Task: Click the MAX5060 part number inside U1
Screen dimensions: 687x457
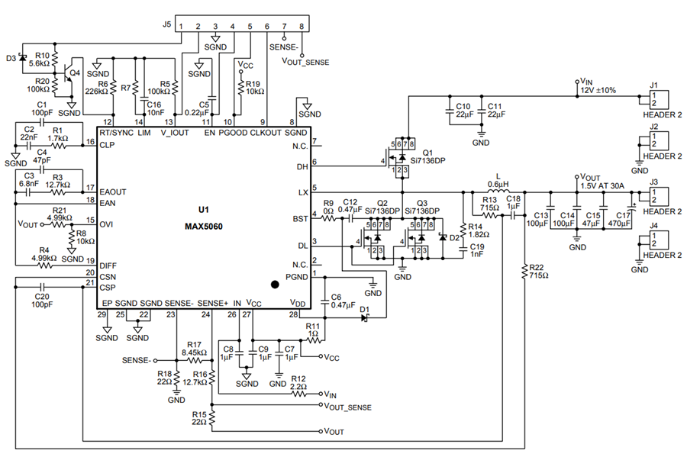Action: [x=203, y=227]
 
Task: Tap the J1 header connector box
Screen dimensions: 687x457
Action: [x=659, y=99]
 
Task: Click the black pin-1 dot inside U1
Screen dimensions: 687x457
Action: [x=275, y=285]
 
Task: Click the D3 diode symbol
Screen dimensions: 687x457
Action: [x=22, y=58]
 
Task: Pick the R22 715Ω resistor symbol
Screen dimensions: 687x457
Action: [x=524, y=272]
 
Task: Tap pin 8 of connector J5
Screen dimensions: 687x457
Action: [x=302, y=27]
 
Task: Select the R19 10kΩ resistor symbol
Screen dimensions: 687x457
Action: [x=240, y=87]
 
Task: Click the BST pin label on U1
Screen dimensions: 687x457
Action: [x=301, y=218]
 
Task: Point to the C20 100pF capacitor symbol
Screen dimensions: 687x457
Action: [x=42, y=287]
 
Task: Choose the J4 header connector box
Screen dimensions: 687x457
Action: [x=659, y=240]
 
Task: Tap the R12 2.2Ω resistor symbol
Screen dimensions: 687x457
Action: [x=299, y=394]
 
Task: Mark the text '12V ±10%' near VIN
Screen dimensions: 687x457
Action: [x=598, y=91]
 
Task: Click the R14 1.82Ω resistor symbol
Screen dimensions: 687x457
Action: [x=463, y=230]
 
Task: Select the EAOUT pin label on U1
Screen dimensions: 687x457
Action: [x=113, y=191]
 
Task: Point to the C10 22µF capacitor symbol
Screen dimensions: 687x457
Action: [x=449, y=111]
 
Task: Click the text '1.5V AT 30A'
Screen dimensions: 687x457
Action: [x=602, y=186]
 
